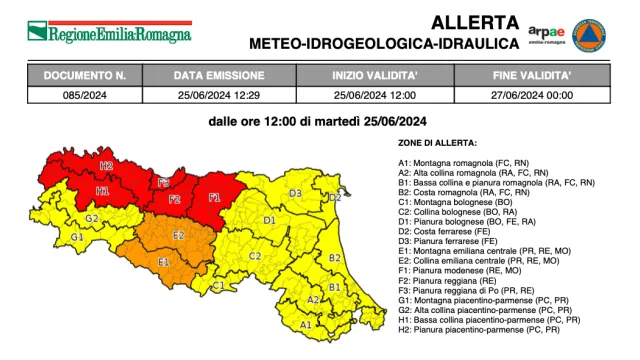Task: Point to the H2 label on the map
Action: coord(105,166)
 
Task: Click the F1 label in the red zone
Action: coord(214,197)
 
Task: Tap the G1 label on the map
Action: coord(76,237)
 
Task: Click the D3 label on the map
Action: coord(295,193)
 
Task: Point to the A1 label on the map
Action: coord(306,324)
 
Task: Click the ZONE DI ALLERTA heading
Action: coord(437,144)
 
